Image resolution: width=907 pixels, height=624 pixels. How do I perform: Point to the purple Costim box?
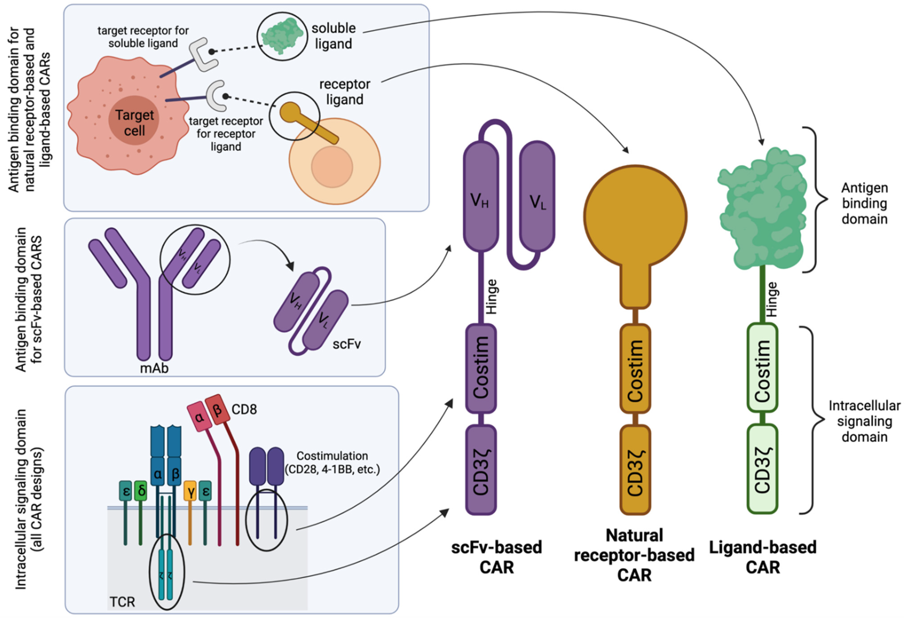[481, 368]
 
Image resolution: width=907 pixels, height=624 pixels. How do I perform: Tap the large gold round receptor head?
[635, 216]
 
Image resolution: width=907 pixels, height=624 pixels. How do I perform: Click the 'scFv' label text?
[346, 344]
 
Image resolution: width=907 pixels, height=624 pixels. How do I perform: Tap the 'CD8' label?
[244, 409]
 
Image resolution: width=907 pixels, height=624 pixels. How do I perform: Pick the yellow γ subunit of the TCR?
[190, 491]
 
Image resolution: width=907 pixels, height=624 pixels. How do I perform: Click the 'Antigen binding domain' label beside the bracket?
[864, 203]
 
